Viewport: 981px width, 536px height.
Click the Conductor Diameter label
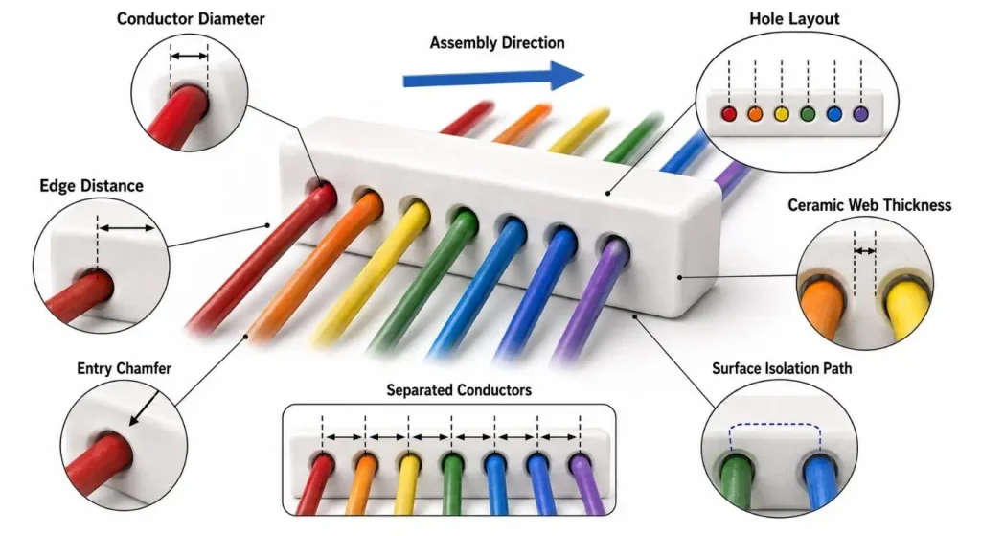[x=191, y=19]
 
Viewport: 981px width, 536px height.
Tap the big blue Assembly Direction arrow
[x=493, y=77]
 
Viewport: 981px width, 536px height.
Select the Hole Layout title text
[x=794, y=19]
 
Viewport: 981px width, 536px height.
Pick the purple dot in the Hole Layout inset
[x=861, y=114]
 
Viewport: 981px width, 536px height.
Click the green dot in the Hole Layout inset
[x=808, y=114]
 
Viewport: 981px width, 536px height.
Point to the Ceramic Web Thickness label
[x=869, y=205]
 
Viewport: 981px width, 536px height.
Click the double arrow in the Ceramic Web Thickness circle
[x=865, y=251]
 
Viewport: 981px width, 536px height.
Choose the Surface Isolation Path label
[x=782, y=368]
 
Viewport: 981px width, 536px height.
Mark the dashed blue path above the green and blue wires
[x=774, y=425]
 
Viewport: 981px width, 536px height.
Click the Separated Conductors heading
[x=459, y=390]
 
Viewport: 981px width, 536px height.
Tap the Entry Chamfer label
[x=124, y=368]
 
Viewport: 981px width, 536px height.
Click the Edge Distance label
[x=91, y=186]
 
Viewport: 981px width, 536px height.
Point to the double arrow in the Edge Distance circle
[x=126, y=228]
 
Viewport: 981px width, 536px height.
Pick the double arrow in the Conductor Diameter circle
[x=189, y=57]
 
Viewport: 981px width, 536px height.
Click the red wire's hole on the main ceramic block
[x=320, y=191]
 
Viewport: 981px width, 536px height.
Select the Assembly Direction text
[x=497, y=42]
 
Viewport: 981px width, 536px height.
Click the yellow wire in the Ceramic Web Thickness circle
[x=905, y=306]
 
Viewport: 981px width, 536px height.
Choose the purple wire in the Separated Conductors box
[x=586, y=484]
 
